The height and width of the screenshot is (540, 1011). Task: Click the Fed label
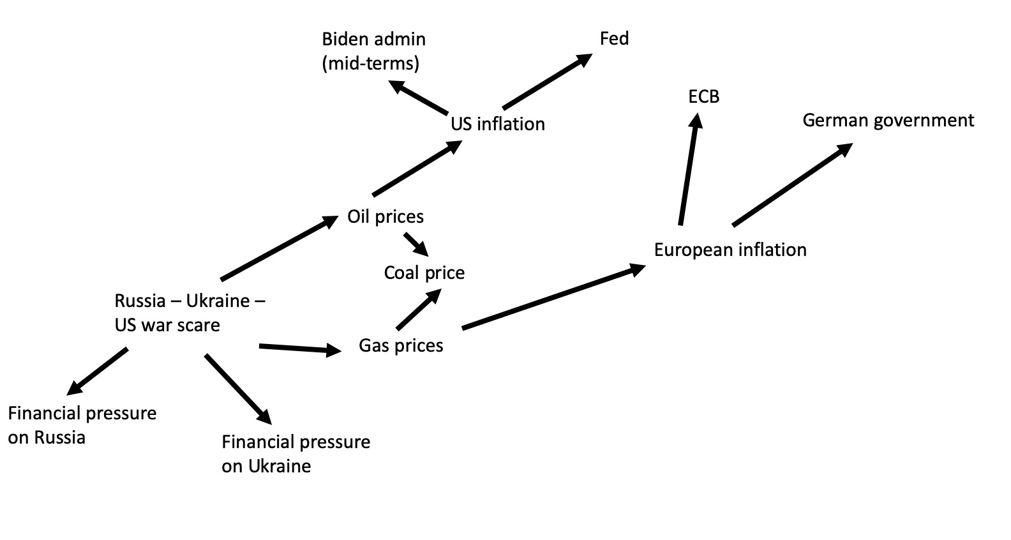pyautogui.click(x=614, y=39)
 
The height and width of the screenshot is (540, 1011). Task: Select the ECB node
pyautogui.click(x=703, y=97)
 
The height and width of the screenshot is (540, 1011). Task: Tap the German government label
pyautogui.click(x=888, y=121)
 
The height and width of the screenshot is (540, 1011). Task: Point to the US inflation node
pyautogui.click(x=498, y=124)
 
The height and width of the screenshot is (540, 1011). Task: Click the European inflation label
pyautogui.click(x=730, y=250)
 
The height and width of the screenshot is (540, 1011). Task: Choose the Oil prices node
pyautogui.click(x=386, y=217)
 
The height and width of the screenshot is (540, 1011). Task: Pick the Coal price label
pyautogui.click(x=424, y=273)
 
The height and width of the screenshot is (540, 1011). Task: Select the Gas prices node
pyautogui.click(x=401, y=346)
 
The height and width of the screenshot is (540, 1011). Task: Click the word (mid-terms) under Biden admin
pyautogui.click(x=371, y=64)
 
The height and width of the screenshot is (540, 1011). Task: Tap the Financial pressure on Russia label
pyautogui.click(x=82, y=425)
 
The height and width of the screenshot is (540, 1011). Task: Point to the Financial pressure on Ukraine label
pyautogui.click(x=296, y=454)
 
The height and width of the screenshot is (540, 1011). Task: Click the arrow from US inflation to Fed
pyautogui.click(x=546, y=82)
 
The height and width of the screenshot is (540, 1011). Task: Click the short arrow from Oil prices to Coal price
pyautogui.click(x=416, y=244)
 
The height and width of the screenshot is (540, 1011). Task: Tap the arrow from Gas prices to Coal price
pyautogui.click(x=419, y=310)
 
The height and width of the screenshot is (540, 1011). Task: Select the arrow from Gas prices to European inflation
pyautogui.click(x=553, y=297)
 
